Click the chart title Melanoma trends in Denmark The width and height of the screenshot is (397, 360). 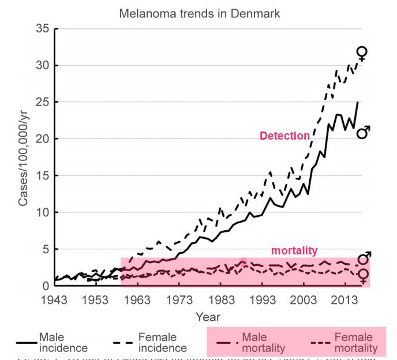pyautogui.click(x=200, y=13)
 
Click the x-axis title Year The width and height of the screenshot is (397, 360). pyautogui.click(x=207, y=317)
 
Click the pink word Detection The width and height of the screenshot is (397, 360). pyautogui.click(x=284, y=136)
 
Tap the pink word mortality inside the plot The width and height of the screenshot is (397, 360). pyautogui.click(x=294, y=250)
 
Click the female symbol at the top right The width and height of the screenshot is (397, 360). pyautogui.click(x=362, y=54)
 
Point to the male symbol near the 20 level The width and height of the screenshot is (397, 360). pyautogui.click(x=364, y=132)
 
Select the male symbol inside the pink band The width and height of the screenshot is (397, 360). pyautogui.click(x=364, y=258)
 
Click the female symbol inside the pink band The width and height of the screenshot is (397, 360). pyautogui.click(x=363, y=276)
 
